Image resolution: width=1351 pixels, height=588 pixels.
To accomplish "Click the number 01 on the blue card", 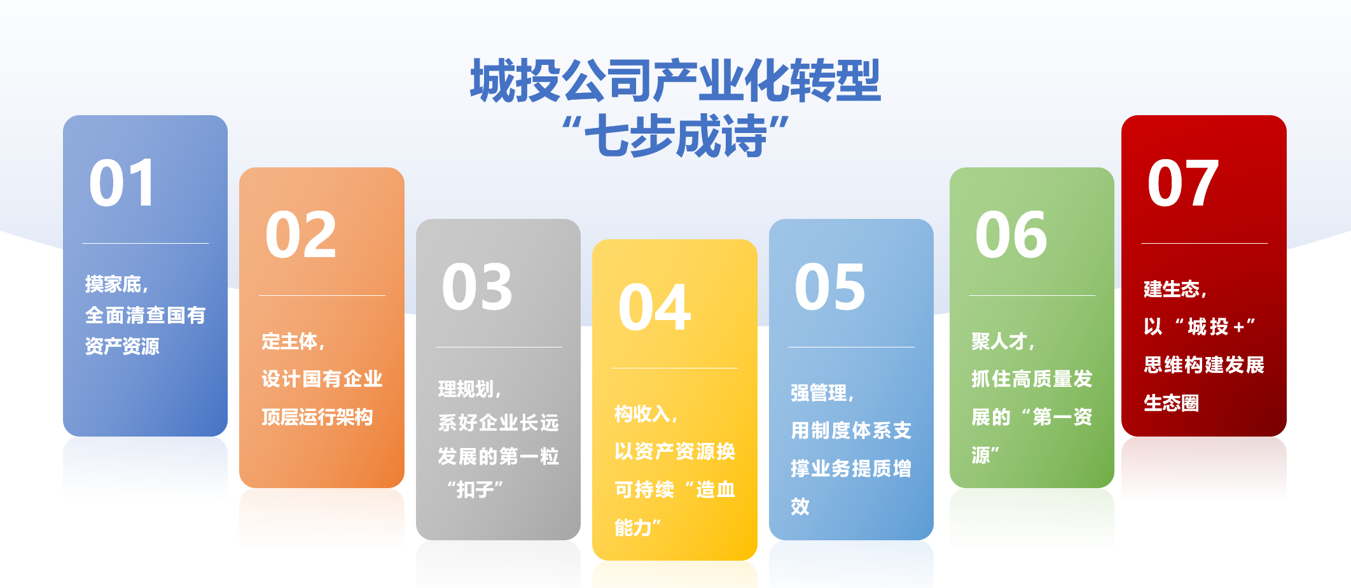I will tap(122, 183).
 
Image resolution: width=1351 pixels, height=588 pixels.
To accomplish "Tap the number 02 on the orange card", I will tap(300, 235).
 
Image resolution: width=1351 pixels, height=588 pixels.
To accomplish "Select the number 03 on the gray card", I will tap(477, 287).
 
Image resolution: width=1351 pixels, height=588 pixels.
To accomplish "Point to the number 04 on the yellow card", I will tap(654, 308).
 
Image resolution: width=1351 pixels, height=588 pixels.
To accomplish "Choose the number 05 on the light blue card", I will tap(830, 287).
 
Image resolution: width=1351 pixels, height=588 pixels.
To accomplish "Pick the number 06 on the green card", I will tap(1011, 235).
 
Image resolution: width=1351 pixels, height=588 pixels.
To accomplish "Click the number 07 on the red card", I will tap(1183, 183).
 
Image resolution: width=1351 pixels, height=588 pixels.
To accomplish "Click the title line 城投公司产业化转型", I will tap(675, 81).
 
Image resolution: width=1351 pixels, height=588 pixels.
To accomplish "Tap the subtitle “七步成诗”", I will tap(675, 136).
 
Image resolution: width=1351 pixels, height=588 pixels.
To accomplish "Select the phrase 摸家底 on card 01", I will tap(113, 284).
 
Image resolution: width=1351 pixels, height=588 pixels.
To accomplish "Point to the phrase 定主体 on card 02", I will tap(289, 342).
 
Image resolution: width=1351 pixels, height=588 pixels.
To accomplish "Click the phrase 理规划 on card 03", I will tap(466, 389).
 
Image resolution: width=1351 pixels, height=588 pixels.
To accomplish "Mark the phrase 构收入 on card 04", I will tap(642, 414).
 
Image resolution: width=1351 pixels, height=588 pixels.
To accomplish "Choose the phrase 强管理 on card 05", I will tap(819, 393).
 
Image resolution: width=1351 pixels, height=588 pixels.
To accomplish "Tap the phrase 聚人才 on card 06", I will tap(999, 342).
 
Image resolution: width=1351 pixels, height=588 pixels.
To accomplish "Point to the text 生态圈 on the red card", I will tap(1171, 403).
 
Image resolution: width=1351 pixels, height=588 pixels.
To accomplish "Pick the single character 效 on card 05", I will tap(800, 507).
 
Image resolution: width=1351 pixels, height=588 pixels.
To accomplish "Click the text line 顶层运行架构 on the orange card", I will tap(317, 417).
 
